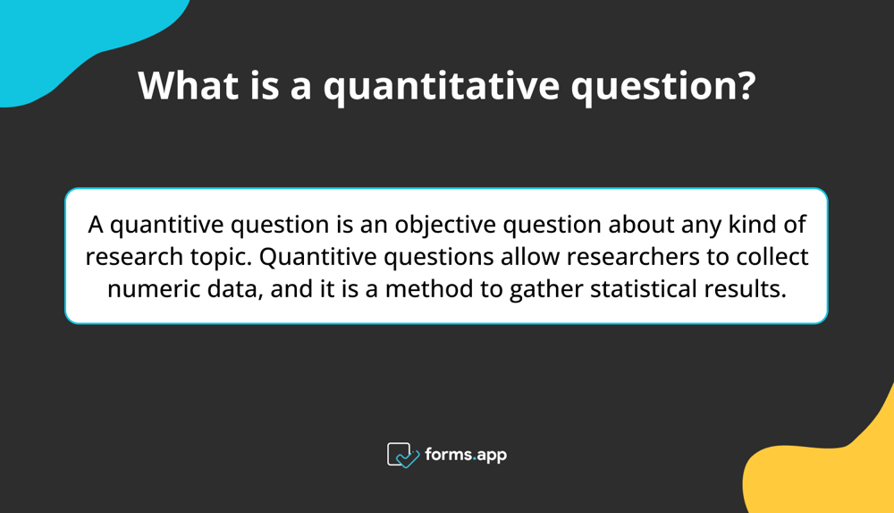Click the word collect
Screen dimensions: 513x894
click(x=773, y=258)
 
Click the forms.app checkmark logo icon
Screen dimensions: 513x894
click(x=402, y=455)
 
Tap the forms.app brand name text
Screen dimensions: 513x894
click(x=465, y=455)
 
